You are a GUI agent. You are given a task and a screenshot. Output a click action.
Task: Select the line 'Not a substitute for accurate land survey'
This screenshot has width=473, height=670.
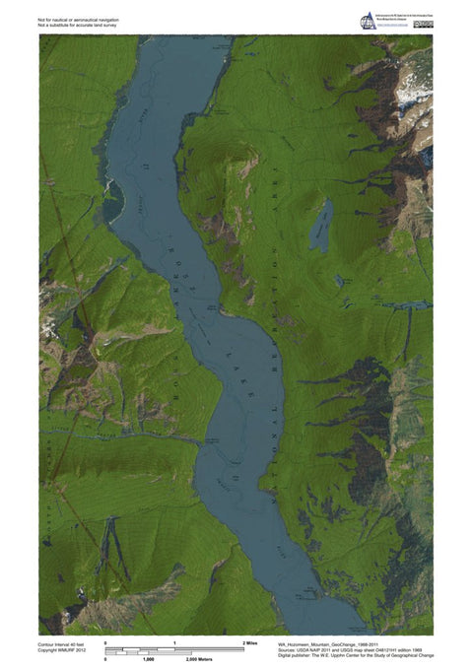[78, 25]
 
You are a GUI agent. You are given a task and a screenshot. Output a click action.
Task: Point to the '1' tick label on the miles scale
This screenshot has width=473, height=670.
[174, 642]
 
